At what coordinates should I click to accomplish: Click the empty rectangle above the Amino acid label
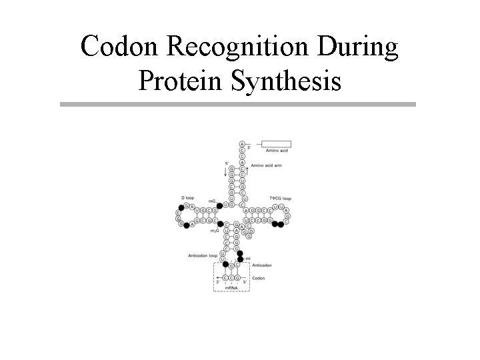click(276, 143)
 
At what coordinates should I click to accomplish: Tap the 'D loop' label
click(187, 198)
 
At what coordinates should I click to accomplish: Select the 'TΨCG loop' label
click(280, 198)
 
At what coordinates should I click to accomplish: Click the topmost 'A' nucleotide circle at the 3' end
click(242, 143)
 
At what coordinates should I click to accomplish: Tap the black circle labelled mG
click(220, 205)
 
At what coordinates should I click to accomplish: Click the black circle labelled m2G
click(221, 224)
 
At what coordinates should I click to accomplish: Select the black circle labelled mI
click(241, 259)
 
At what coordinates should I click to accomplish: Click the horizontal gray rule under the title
click(237, 104)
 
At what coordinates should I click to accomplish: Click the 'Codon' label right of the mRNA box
click(258, 278)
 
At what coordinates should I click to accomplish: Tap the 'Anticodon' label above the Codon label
click(262, 265)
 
